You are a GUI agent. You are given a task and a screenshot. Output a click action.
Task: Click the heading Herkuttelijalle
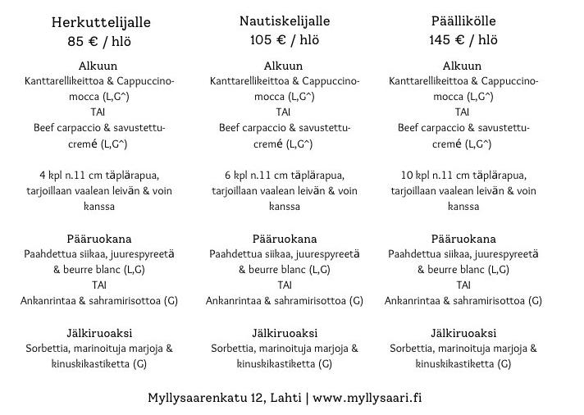coord(101,22)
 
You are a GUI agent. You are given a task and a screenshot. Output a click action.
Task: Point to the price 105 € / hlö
coord(284,40)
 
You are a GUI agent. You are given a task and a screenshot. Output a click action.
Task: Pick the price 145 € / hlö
coord(463,40)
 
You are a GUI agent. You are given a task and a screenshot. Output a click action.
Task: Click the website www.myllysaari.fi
coord(368,398)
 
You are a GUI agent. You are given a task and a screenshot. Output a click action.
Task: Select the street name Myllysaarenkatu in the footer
coord(197,398)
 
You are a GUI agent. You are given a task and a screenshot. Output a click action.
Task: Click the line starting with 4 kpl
coord(99,176)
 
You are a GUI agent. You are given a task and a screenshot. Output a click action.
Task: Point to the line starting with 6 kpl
coord(284,176)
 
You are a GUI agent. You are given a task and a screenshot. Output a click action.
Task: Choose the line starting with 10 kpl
coord(463,176)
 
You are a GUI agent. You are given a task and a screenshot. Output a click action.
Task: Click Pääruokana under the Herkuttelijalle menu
coord(99,239)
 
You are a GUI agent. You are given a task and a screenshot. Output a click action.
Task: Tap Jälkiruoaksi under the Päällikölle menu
coord(463,333)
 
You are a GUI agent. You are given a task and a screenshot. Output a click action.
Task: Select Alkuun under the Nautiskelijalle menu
coord(284,66)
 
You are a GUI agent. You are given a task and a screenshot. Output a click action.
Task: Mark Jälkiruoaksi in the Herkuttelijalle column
coord(99,333)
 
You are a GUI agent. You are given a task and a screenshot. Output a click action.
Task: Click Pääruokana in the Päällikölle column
coord(463,239)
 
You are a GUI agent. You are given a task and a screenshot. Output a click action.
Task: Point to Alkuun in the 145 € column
coord(463,66)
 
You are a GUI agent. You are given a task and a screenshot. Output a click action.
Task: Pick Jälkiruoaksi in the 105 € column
coord(284,333)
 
